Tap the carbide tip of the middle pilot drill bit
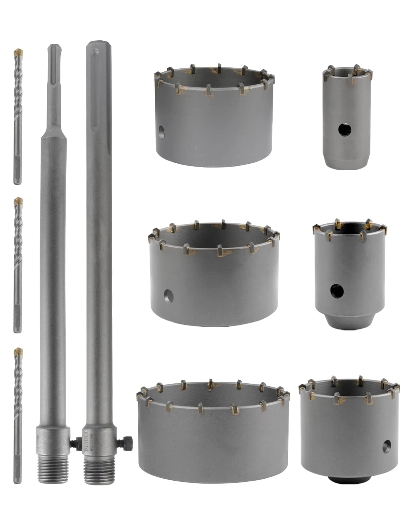pos(18,201)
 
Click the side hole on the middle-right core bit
pos(337,291)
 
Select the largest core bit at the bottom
pos(213,439)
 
